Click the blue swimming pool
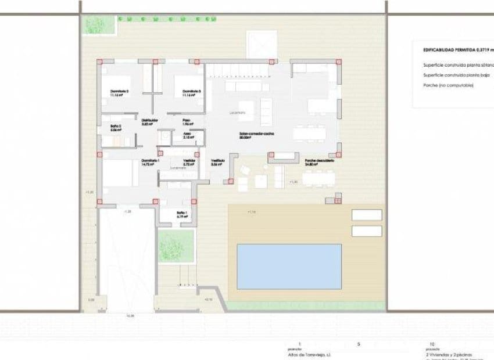(x=289, y=267)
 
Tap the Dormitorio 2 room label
(x=119, y=92)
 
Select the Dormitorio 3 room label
(x=191, y=92)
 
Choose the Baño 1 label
(x=182, y=213)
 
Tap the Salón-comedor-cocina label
(x=256, y=134)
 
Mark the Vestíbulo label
(x=217, y=161)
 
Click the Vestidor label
(x=189, y=161)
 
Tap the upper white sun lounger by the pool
(x=366, y=215)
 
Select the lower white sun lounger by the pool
(x=366, y=231)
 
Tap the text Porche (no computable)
(x=449, y=86)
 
